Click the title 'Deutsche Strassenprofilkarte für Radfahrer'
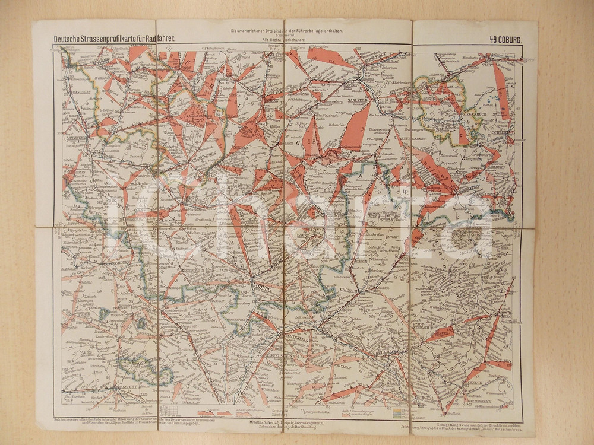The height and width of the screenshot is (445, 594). (x=113, y=40)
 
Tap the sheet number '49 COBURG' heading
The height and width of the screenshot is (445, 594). (x=505, y=40)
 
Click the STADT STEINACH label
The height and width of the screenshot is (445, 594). (x=421, y=328)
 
